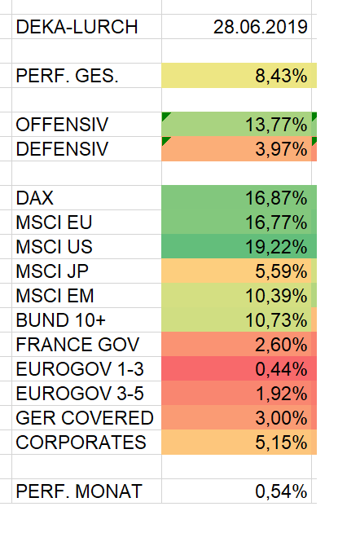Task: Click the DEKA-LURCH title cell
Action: click(77, 27)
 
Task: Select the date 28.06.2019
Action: click(260, 27)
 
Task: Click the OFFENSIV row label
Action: click(63, 125)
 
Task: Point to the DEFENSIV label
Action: click(62, 149)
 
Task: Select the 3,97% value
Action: click(280, 149)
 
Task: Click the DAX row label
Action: click(34, 198)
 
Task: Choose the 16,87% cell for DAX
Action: click(275, 198)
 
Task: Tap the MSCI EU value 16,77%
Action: click(275, 222)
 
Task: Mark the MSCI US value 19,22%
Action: click(275, 247)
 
